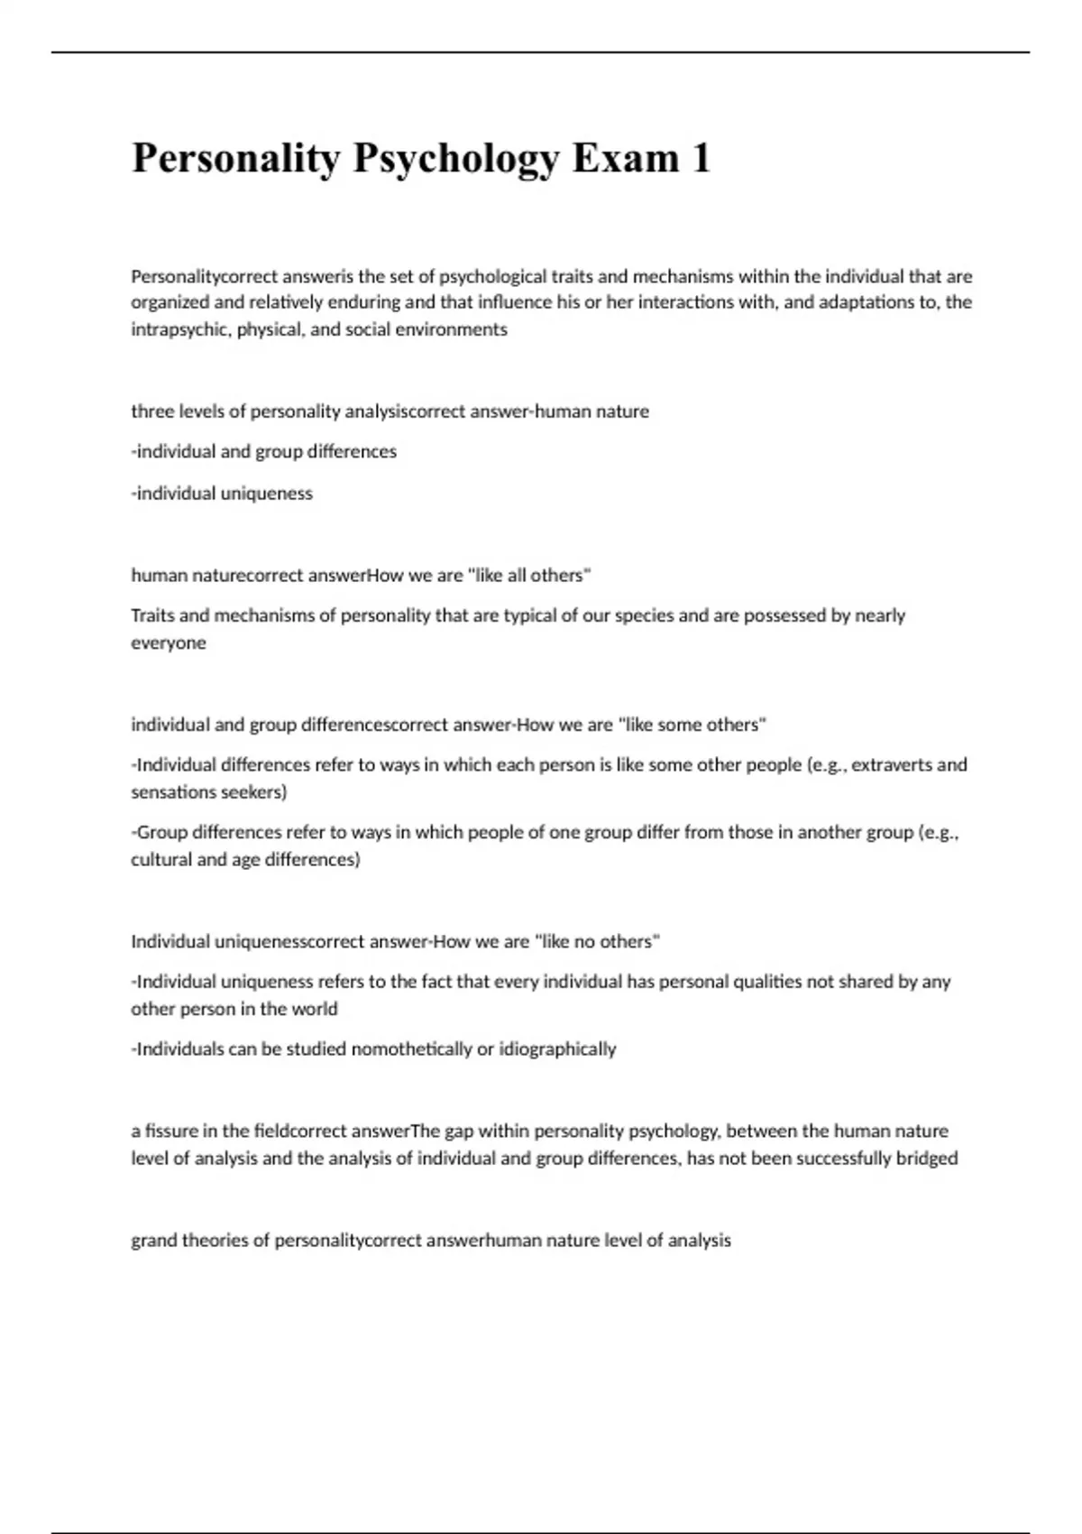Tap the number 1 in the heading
click(x=701, y=159)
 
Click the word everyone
click(x=169, y=643)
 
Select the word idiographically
click(x=557, y=1049)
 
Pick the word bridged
click(x=926, y=1159)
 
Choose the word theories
click(x=215, y=1241)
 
